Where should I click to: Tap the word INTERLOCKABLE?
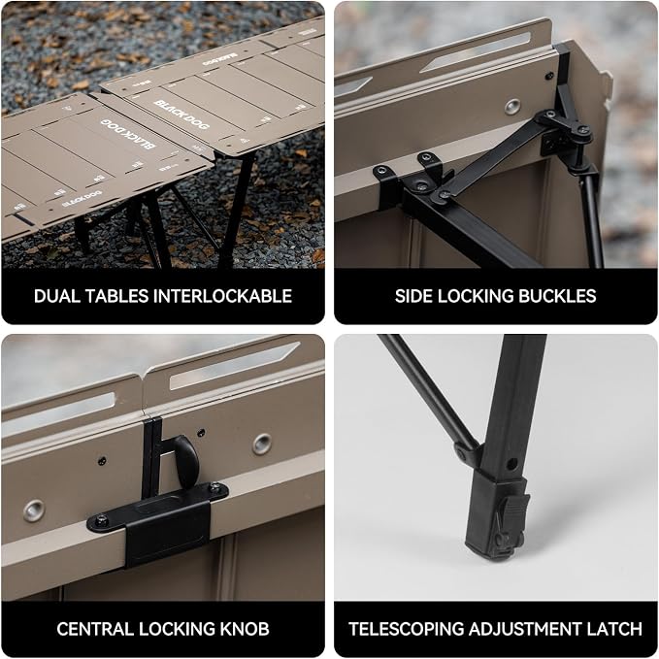222,296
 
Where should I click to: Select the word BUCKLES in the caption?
557,296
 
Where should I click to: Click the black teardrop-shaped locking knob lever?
186,462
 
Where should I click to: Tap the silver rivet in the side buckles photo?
511,107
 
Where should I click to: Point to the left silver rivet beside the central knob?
34,511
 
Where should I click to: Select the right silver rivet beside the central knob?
262,444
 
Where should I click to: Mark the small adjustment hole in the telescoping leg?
511,465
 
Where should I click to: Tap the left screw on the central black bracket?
101,521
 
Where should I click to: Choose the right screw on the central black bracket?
214,487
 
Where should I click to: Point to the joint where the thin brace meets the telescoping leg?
466,451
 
